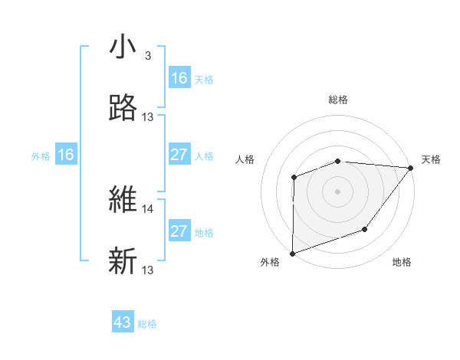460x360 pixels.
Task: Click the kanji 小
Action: pos(123,47)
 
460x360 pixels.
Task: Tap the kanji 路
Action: pos(123,108)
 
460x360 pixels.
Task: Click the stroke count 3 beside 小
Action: pos(147,56)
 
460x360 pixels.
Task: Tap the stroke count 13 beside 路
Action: pos(148,117)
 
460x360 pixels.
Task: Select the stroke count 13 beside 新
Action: pos(148,270)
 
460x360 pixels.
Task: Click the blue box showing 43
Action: pos(123,322)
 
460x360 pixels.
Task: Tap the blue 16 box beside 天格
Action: pos(179,78)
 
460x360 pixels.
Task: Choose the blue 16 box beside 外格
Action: pos(66,155)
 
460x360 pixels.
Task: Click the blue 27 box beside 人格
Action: pos(179,155)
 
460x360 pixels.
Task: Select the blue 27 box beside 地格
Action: pos(179,231)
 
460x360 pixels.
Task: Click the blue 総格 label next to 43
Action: pos(147,324)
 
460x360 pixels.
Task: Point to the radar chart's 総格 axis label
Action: pos(338,100)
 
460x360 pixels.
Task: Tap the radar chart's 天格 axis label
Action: pos(431,159)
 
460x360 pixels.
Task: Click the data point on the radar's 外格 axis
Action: pos(293,253)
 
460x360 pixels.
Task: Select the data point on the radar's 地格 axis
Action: pos(365,229)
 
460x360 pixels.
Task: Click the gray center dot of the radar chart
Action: pos(338,191)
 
